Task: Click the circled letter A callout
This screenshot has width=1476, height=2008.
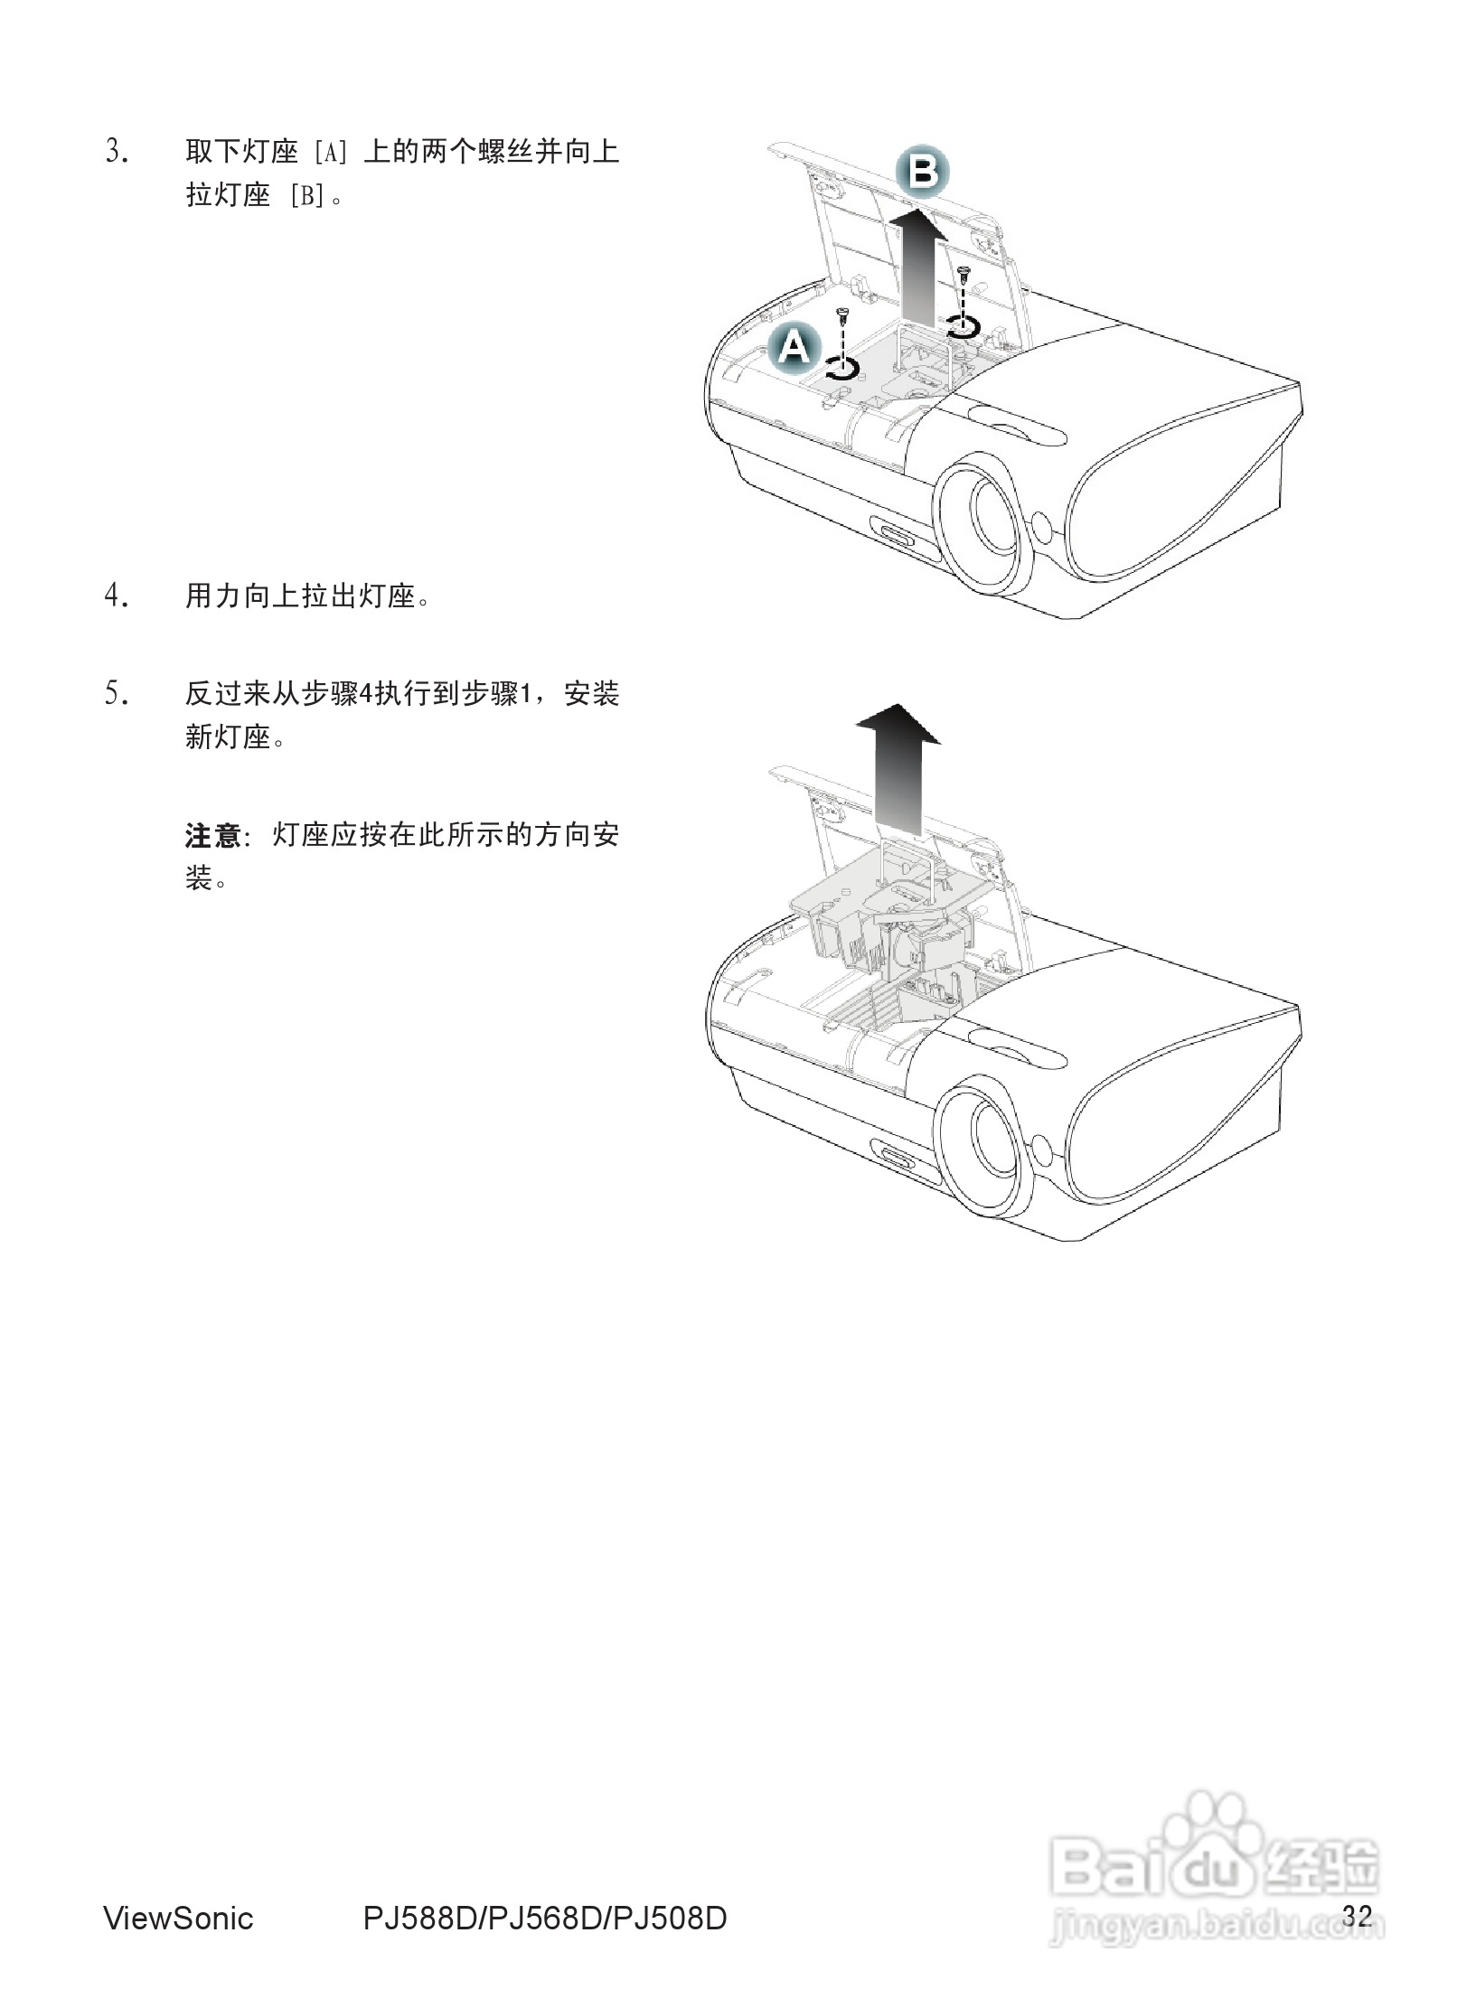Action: click(794, 346)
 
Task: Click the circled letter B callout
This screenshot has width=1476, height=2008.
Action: click(922, 171)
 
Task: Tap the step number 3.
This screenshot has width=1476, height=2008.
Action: click(117, 151)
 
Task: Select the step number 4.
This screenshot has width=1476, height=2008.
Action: click(117, 596)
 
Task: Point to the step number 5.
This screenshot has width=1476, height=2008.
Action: click(117, 694)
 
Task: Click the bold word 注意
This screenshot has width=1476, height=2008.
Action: click(212, 835)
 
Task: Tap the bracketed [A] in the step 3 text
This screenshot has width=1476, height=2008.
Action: click(330, 151)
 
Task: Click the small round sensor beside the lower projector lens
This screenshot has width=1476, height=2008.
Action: click(1041, 1149)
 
